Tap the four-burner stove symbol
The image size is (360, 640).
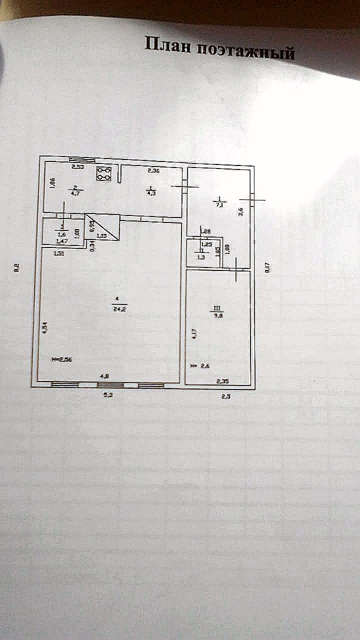click(x=104, y=173)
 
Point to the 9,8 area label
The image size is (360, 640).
click(x=219, y=316)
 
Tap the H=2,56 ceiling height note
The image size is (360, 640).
click(x=62, y=359)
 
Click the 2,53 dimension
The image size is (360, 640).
click(x=77, y=166)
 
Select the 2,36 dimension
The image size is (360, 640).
click(x=153, y=171)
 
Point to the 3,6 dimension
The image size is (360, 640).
click(x=241, y=211)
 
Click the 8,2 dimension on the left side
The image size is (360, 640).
click(x=17, y=268)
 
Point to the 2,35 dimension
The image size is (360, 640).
click(x=222, y=381)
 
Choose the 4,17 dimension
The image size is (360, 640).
click(x=194, y=333)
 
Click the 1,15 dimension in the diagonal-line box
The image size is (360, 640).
click(x=101, y=235)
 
